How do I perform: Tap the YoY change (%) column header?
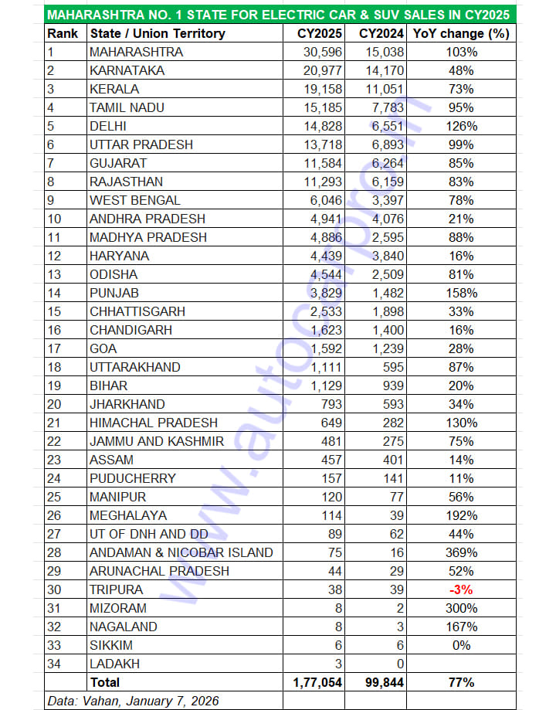(x=462, y=33)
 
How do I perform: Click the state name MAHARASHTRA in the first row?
(x=136, y=52)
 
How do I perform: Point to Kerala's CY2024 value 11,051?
(x=381, y=89)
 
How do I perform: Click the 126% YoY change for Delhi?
(x=462, y=126)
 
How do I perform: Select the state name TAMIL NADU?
(x=127, y=107)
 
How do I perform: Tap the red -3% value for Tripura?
(x=462, y=589)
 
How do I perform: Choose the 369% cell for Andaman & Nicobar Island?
(x=462, y=552)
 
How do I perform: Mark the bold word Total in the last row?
(x=105, y=682)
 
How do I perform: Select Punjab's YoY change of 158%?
(x=462, y=293)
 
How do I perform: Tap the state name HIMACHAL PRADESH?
(x=154, y=423)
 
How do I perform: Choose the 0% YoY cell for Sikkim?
(x=462, y=645)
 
